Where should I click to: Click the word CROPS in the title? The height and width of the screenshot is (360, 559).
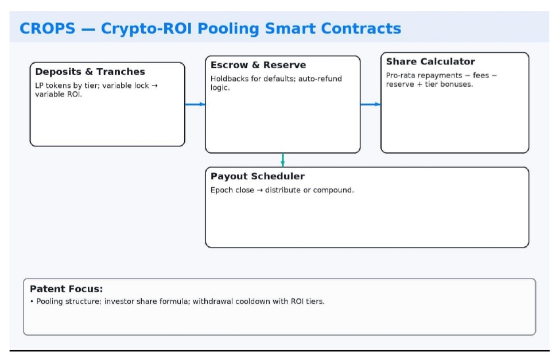[x=48, y=29]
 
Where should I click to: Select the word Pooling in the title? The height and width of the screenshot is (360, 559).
[x=228, y=29]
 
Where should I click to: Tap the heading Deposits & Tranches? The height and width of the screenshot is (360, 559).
[x=90, y=72]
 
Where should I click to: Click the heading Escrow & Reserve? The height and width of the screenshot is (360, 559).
[x=258, y=65]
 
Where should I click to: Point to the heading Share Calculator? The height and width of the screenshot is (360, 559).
[x=430, y=61]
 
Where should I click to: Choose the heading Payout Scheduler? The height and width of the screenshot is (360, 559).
[x=257, y=176]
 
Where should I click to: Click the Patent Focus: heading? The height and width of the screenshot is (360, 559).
[x=67, y=289]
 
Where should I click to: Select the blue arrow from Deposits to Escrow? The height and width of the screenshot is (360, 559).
[x=195, y=104]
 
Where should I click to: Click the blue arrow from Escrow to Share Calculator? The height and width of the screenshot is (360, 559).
[x=370, y=104]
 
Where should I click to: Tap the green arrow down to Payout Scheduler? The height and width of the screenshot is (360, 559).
[x=283, y=160]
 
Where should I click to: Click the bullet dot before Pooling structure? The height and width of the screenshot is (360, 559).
[x=32, y=301]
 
